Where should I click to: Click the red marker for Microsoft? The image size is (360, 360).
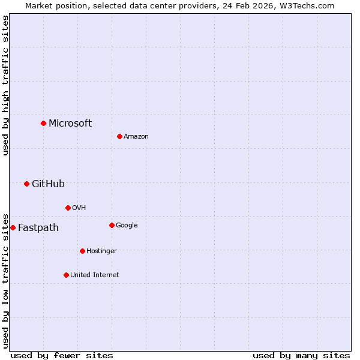point(43,123)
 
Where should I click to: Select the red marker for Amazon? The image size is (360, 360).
point(119,136)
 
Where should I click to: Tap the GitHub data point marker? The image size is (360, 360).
point(26,184)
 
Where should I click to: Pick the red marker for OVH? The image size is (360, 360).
point(68,208)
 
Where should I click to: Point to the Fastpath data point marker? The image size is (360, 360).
point(13,227)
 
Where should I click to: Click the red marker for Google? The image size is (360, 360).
point(112,225)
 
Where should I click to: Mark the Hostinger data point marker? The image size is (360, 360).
point(82,251)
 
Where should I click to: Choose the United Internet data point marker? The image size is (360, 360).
point(66,275)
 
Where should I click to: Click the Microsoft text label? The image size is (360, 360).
point(70,124)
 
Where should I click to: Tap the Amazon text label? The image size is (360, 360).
point(136,137)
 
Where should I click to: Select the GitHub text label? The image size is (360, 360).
point(48,184)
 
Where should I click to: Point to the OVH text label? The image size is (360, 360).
point(79,208)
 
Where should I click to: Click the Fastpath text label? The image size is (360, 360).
point(38,228)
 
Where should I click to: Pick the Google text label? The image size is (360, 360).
point(127,226)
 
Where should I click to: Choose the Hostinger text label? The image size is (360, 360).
point(101,251)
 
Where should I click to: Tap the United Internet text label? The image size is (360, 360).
point(94,275)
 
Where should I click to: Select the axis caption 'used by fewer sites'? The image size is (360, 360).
point(62,356)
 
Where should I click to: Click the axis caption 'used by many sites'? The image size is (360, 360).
point(301,356)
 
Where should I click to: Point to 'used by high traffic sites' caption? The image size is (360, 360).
point(6,85)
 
